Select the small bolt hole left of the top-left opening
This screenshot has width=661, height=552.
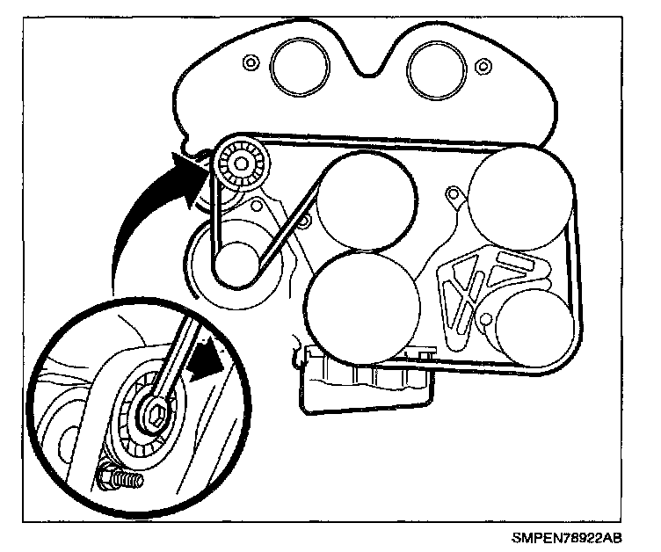coord(249,62)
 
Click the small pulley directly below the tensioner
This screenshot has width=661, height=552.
coord(236,262)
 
